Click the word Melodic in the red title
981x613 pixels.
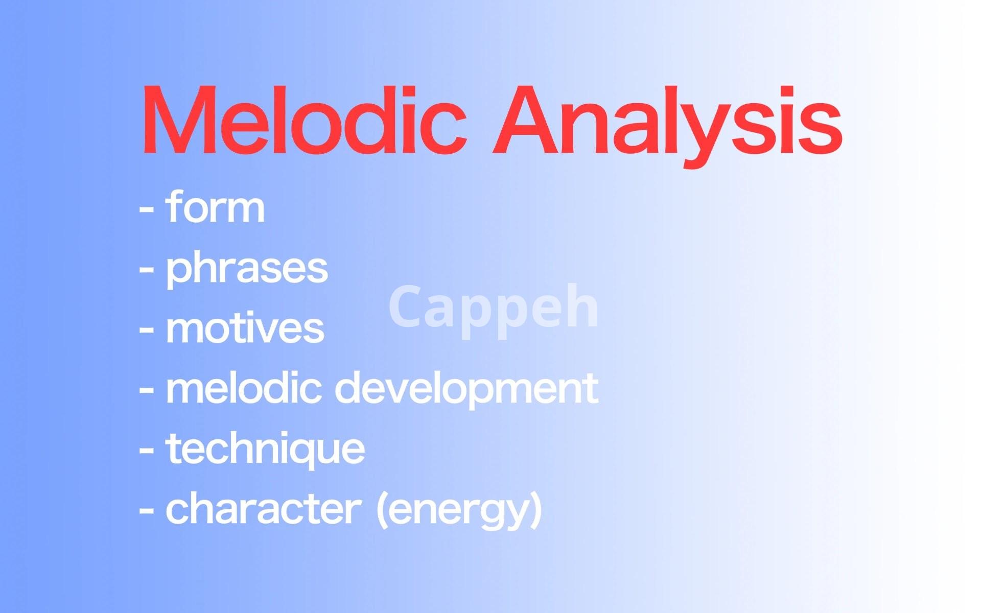305,120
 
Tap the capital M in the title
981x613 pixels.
175,120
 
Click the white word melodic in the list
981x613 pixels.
244,388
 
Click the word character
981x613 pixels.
264,508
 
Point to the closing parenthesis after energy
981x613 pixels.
536,510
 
